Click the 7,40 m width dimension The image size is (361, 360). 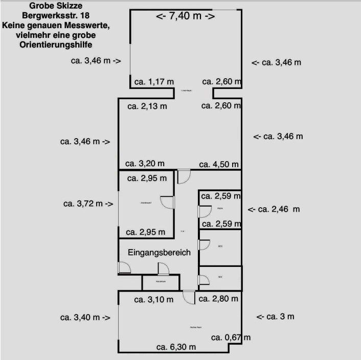point(185,16)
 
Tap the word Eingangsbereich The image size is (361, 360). point(159,253)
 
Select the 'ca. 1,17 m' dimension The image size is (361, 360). point(154,81)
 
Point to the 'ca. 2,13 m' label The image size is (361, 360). point(147,106)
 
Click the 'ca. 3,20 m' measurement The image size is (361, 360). point(145,164)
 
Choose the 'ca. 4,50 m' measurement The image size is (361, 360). point(219,164)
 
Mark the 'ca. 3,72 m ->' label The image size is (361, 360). point(88,204)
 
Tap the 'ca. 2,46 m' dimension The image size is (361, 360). point(274,209)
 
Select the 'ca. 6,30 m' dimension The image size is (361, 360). point(176,347)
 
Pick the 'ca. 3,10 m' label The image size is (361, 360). point(154,300)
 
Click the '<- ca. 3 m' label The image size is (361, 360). point(275,317)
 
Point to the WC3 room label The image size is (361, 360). point(220,246)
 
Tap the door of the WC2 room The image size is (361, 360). point(204,279)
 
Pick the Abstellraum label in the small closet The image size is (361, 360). point(160,282)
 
